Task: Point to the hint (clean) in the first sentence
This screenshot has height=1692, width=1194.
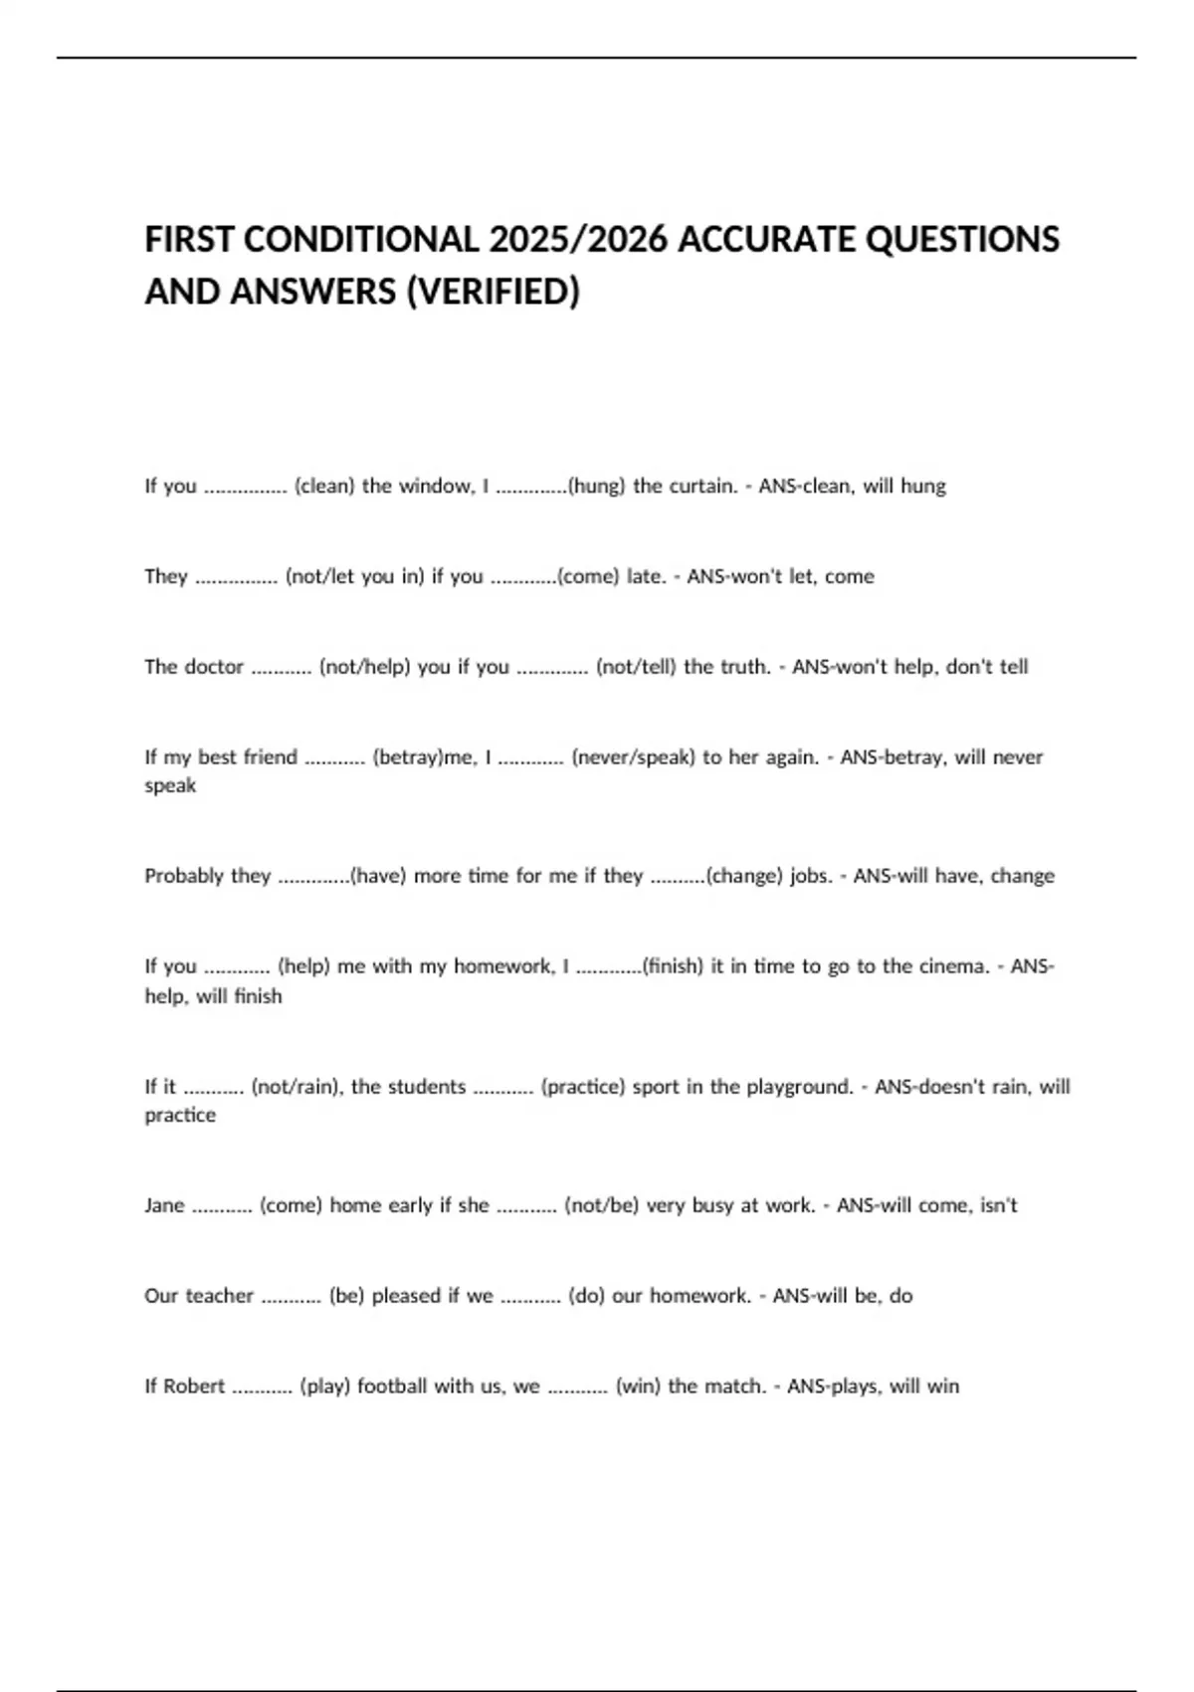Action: [324, 486]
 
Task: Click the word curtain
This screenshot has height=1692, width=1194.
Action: [704, 486]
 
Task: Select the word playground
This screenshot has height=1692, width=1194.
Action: [800, 1087]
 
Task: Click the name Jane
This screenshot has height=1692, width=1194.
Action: [164, 1205]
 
